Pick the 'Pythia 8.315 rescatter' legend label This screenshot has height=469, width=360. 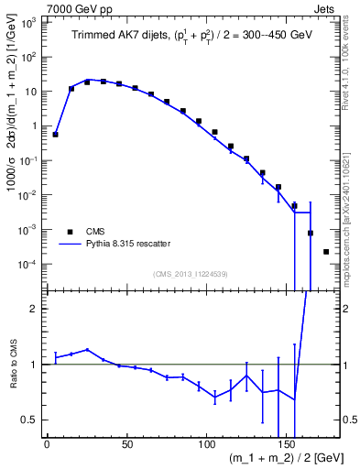(127, 245)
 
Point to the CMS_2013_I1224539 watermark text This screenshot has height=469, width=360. (191, 274)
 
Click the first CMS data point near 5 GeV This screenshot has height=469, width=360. (56, 135)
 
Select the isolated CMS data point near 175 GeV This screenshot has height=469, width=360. (326, 251)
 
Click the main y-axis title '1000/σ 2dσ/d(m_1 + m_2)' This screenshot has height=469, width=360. (13, 147)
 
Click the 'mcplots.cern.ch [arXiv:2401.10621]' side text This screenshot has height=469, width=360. (352, 206)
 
